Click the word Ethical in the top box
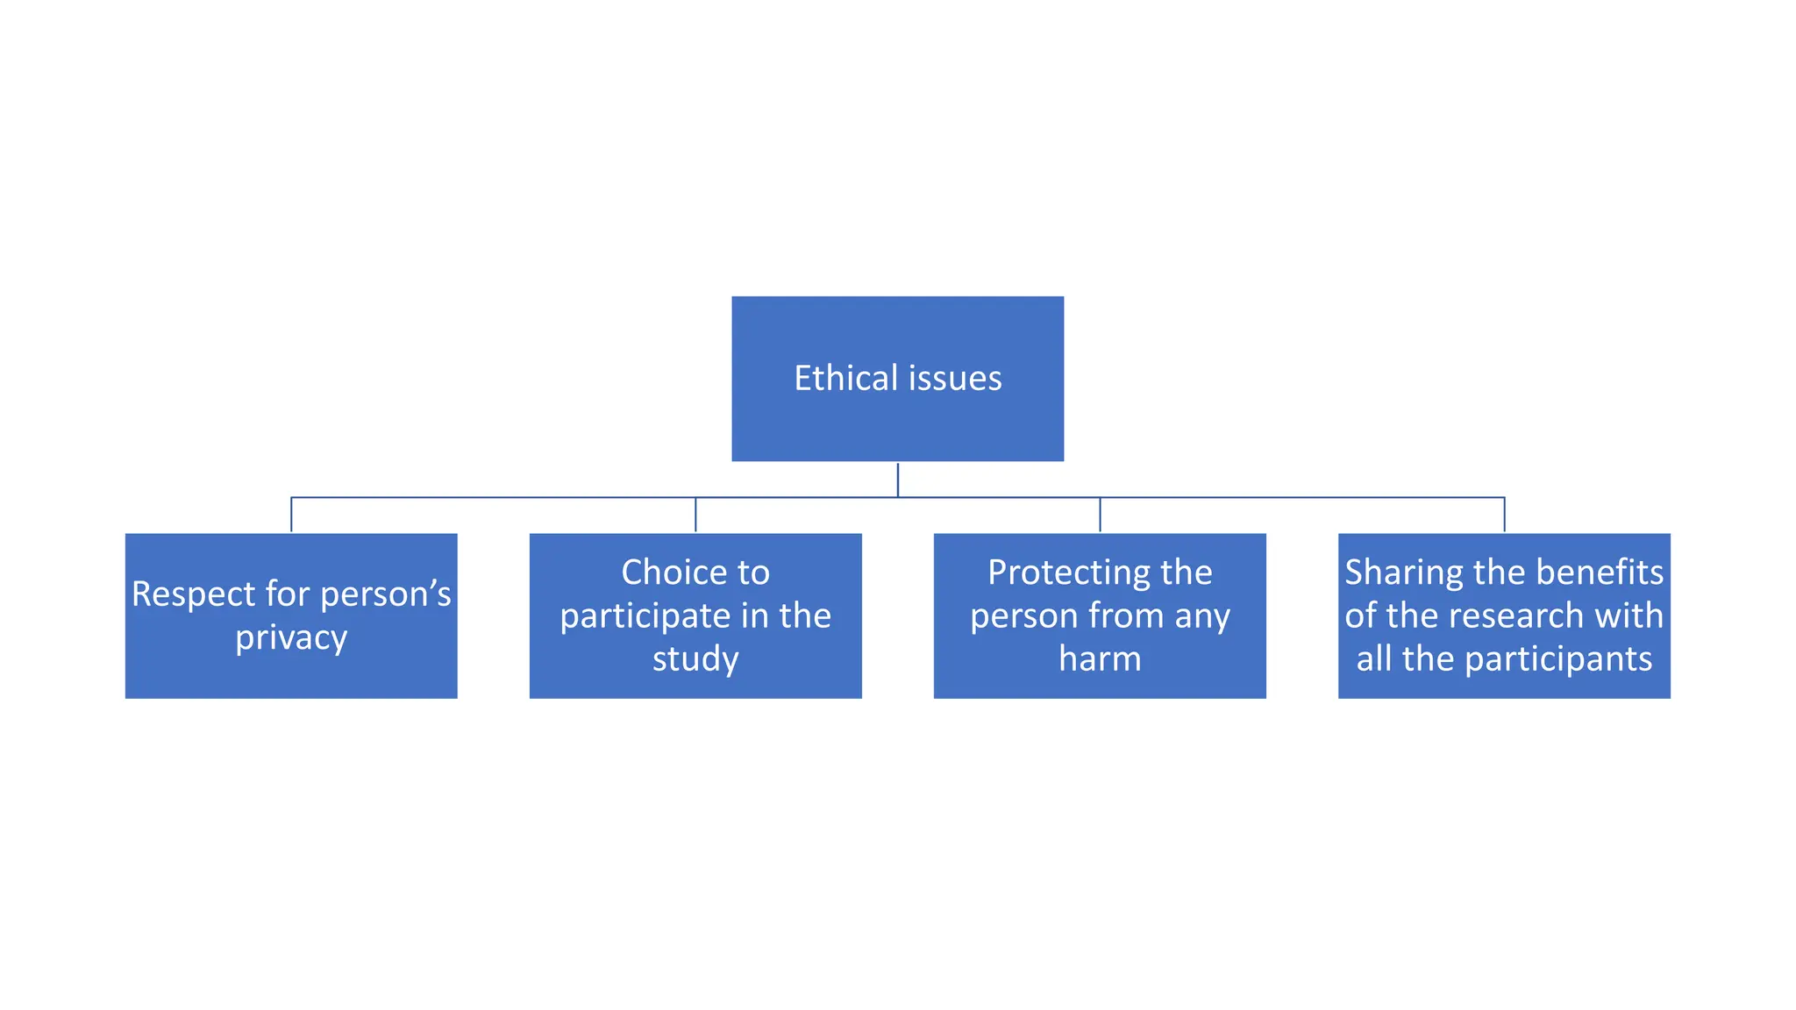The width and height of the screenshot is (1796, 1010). [x=846, y=379]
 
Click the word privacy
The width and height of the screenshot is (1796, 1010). [x=291, y=638]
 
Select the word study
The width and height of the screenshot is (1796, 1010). [x=695, y=659]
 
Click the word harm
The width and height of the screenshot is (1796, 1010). [x=1100, y=659]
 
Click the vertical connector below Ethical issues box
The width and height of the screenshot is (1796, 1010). [x=898, y=480]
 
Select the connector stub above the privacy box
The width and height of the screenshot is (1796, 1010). [x=291, y=516]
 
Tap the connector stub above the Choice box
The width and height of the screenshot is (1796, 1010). [x=695, y=516]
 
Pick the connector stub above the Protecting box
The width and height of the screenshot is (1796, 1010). [x=1100, y=516]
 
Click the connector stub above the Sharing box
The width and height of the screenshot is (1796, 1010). [x=1505, y=516]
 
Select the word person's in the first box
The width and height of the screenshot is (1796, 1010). [x=386, y=594]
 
